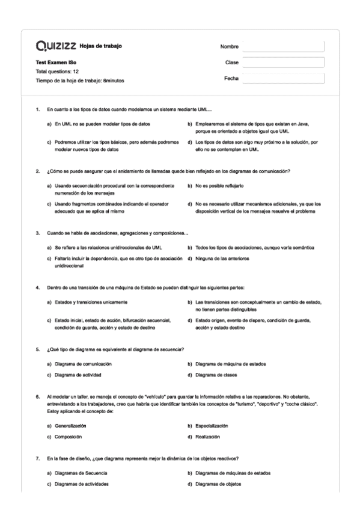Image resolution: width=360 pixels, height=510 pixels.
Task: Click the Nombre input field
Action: click(x=282, y=47)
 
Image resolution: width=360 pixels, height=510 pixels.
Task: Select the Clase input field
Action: click(x=282, y=63)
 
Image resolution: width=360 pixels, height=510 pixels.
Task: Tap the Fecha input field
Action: click(x=282, y=78)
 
